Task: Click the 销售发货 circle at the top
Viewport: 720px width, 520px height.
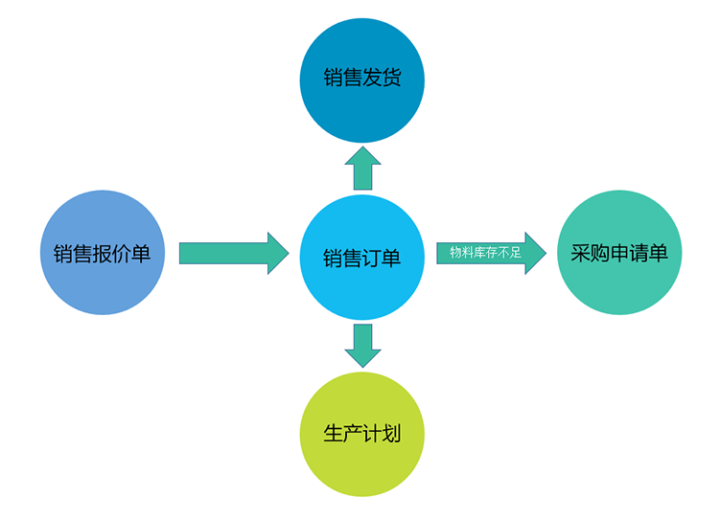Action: click(x=361, y=79)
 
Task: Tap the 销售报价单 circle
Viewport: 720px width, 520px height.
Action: click(x=102, y=254)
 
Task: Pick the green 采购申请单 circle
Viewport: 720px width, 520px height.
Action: click(x=618, y=253)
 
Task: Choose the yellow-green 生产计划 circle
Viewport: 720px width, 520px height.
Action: click(x=361, y=434)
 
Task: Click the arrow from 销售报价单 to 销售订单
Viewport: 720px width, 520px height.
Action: click(x=233, y=253)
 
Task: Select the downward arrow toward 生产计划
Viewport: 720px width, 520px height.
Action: click(x=362, y=345)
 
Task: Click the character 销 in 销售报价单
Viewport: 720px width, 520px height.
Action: click(x=62, y=255)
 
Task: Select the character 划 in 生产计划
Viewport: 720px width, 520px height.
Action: click(x=391, y=434)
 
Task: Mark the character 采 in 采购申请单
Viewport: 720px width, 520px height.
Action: click(x=579, y=254)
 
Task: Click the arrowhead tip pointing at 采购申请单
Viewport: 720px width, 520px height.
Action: click(x=543, y=253)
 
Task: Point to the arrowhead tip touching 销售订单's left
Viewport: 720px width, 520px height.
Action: click(x=287, y=253)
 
